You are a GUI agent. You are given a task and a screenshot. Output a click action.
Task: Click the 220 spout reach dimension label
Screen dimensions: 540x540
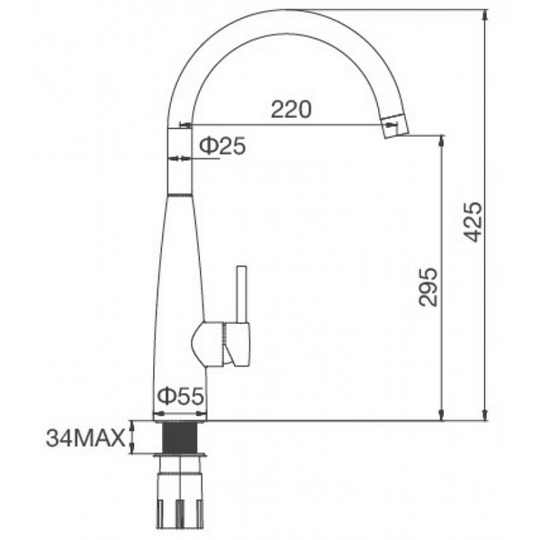(x=291, y=110)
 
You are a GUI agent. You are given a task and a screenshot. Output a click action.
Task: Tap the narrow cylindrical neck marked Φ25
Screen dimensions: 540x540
(x=180, y=157)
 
